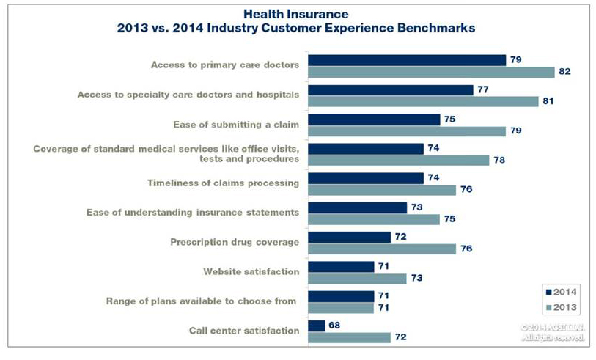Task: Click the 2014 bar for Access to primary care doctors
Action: click(x=407, y=59)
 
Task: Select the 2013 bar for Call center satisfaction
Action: click(x=349, y=337)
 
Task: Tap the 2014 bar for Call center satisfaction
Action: click(x=316, y=326)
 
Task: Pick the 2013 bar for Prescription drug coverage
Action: click(x=382, y=249)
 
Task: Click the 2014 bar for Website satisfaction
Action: click(x=341, y=266)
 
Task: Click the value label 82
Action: click(x=564, y=71)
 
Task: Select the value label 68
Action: click(x=335, y=326)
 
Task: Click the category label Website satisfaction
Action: click(x=251, y=272)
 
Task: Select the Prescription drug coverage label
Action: click(x=235, y=242)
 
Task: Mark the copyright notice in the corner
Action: click(x=551, y=332)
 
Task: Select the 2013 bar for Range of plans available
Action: click(x=341, y=308)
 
